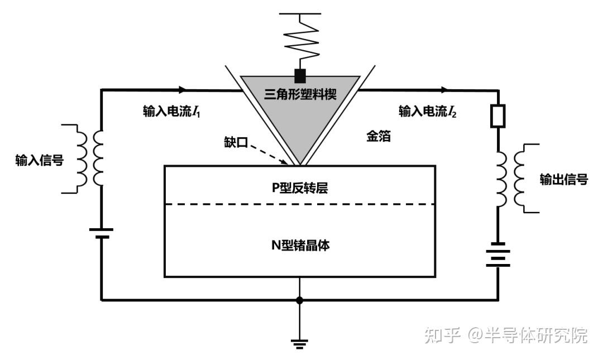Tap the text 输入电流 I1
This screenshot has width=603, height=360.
pyautogui.click(x=171, y=111)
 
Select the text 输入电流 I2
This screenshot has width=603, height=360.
pyautogui.click(x=427, y=111)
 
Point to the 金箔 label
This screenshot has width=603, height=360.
pyautogui.click(x=378, y=136)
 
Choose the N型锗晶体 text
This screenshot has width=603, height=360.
pyautogui.click(x=300, y=244)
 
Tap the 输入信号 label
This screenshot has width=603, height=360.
pyautogui.click(x=39, y=161)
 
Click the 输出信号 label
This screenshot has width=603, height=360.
pyautogui.click(x=563, y=179)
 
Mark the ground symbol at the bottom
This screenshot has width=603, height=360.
pyautogui.click(x=300, y=342)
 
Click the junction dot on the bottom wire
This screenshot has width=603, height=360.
pyautogui.click(x=300, y=300)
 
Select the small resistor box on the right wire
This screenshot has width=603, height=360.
pyautogui.click(x=498, y=116)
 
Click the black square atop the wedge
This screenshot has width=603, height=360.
pyautogui.click(x=300, y=75)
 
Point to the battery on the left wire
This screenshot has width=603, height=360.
pyautogui.click(x=101, y=233)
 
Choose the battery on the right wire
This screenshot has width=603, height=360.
pyautogui.click(x=498, y=255)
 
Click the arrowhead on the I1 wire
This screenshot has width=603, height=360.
pyautogui.click(x=183, y=89)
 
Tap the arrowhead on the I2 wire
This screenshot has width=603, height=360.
pyautogui.click(x=444, y=89)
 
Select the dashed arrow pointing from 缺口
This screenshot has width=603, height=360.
pyautogui.click(x=270, y=154)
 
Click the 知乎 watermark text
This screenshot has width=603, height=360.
pyautogui.click(x=442, y=335)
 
